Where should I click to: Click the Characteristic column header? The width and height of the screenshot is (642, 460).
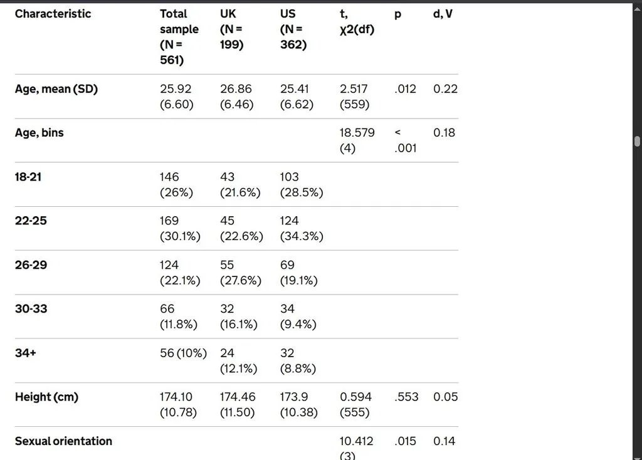pos(53,14)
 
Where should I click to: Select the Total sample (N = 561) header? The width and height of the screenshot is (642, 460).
pos(179,37)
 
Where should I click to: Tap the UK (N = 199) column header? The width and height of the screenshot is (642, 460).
pos(231,29)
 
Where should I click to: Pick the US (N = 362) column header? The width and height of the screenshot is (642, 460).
pos(293,29)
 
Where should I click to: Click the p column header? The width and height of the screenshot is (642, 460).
pos(397,14)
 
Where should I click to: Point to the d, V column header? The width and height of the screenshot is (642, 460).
pos(443,14)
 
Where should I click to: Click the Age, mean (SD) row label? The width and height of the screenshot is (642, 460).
pos(56,89)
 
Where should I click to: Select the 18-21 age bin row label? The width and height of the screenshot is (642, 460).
pos(28,177)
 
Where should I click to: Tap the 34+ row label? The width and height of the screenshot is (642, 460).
pos(25,353)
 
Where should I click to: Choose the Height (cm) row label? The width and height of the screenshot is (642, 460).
pos(46,397)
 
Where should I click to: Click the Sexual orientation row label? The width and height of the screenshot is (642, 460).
pos(63,441)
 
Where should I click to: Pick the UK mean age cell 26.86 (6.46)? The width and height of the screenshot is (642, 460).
pos(236,97)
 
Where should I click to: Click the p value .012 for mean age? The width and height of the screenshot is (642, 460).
pos(405,89)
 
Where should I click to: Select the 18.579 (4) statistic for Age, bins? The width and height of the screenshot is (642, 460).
pos(357,140)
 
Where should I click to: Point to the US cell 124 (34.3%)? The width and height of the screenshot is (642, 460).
pos(302,228)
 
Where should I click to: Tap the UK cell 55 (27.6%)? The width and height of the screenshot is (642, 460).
pos(240,273)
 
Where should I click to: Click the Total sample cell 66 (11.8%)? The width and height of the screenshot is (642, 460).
pos(179,316)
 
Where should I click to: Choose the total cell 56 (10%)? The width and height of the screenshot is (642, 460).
pos(184,353)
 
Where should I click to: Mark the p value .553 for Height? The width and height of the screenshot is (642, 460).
pos(406,397)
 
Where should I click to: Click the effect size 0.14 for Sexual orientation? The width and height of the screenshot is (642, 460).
pos(445,441)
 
